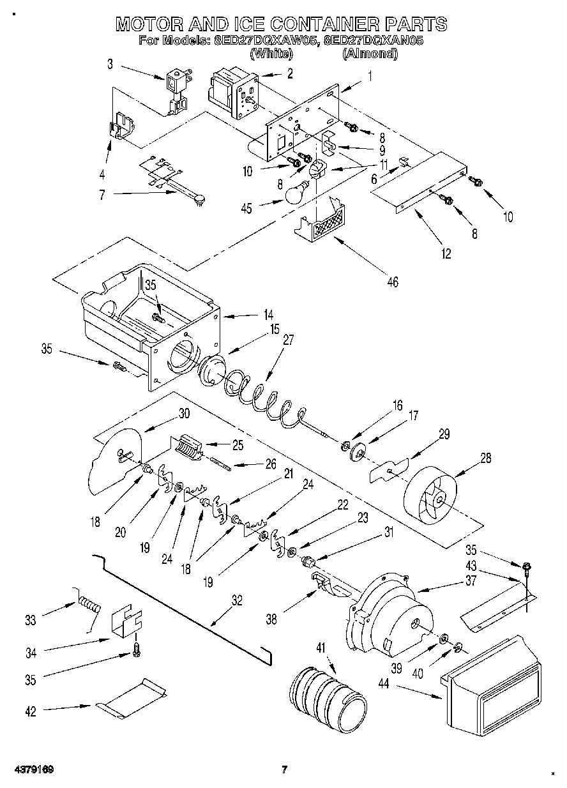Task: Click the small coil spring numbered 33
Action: click(90, 604)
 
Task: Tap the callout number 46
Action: click(393, 282)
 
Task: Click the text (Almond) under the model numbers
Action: click(370, 54)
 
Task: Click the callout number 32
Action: click(237, 600)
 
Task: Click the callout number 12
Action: click(445, 254)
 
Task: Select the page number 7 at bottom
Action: click(285, 769)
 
